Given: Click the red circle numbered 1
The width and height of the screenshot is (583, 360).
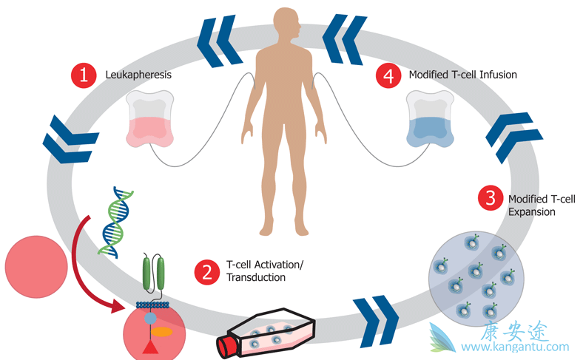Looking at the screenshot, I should point(84,75).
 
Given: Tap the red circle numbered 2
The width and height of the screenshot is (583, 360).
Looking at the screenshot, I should point(205,271).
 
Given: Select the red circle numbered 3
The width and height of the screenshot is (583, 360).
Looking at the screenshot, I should point(489,197).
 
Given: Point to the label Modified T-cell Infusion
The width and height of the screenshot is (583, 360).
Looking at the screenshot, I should point(462,75).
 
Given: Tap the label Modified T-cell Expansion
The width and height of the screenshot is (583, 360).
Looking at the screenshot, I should point(536,205).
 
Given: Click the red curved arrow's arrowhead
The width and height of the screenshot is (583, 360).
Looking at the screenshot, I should point(121,304).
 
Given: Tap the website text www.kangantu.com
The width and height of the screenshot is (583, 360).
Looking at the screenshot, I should point(515,346).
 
